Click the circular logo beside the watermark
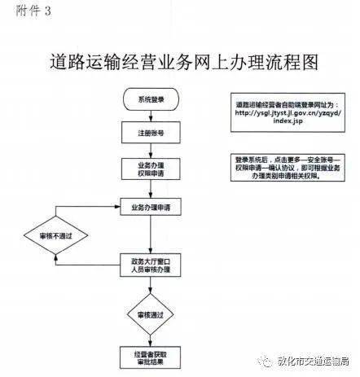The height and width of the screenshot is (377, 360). click(x=264, y=363)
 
